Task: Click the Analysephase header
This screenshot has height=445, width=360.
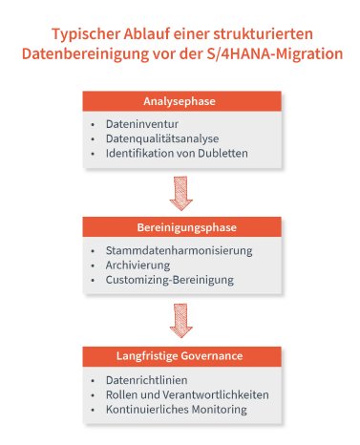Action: pyautogui.click(x=180, y=101)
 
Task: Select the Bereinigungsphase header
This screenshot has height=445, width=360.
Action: pyautogui.click(x=180, y=228)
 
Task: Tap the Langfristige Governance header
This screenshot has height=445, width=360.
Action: pyautogui.click(x=180, y=356)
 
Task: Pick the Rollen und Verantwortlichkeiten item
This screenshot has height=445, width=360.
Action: pyautogui.click(x=187, y=394)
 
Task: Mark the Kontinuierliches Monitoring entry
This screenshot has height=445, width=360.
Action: pyautogui.click(x=177, y=409)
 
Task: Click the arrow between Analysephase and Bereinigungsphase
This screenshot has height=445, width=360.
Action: pyautogui.click(x=180, y=193)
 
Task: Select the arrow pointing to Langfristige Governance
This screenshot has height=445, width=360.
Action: pyautogui.click(x=180, y=321)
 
